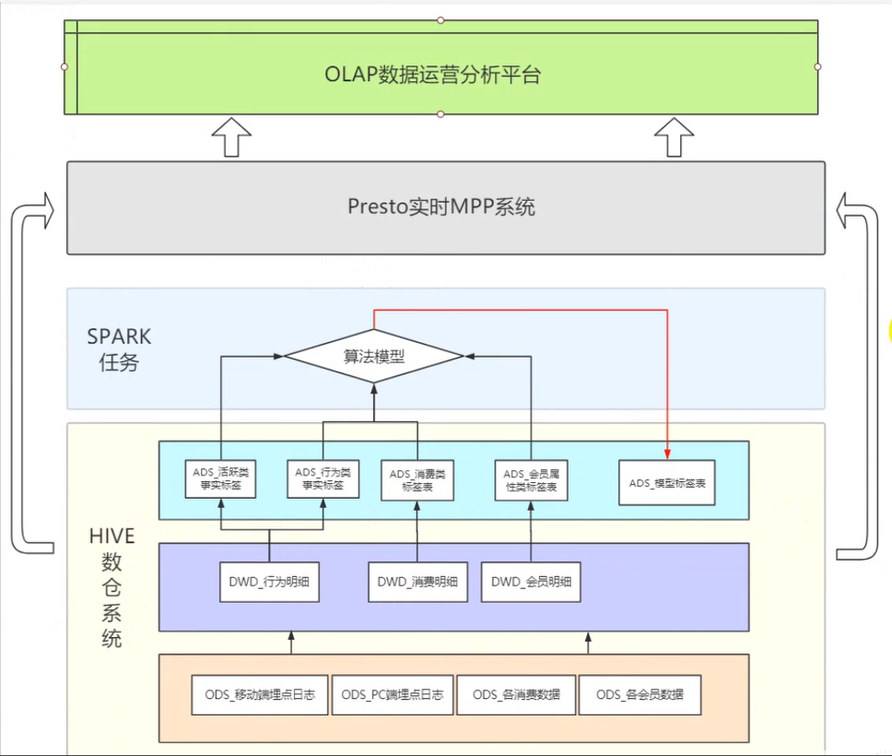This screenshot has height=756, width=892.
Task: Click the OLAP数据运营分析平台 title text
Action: (432, 75)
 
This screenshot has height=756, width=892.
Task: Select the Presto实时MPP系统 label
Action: (440, 207)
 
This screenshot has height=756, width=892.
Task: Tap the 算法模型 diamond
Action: (374, 357)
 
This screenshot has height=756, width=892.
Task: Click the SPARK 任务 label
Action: (119, 349)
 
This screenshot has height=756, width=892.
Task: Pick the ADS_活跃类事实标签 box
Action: (221, 478)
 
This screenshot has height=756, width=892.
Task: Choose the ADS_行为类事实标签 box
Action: (323, 478)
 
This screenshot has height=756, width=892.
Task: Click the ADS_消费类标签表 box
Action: (417, 480)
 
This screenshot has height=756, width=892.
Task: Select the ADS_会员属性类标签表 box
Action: (532, 480)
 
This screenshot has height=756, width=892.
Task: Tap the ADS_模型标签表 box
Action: (667, 483)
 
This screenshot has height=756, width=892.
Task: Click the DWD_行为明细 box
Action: (270, 582)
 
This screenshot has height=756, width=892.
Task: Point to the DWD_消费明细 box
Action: (418, 582)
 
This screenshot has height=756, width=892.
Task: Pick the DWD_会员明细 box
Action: (531, 582)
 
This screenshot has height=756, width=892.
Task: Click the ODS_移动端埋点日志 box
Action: (260, 694)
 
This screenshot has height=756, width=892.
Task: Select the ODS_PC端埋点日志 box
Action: (393, 694)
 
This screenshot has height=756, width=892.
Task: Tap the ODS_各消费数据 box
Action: (517, 694)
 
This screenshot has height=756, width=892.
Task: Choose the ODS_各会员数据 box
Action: (640, 694)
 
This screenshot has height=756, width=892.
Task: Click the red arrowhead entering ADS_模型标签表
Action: (667, 455)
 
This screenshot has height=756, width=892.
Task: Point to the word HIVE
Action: (112, 536)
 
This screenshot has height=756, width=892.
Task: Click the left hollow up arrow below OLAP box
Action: (231, 137)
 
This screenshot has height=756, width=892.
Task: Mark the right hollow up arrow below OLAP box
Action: (675, 137)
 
